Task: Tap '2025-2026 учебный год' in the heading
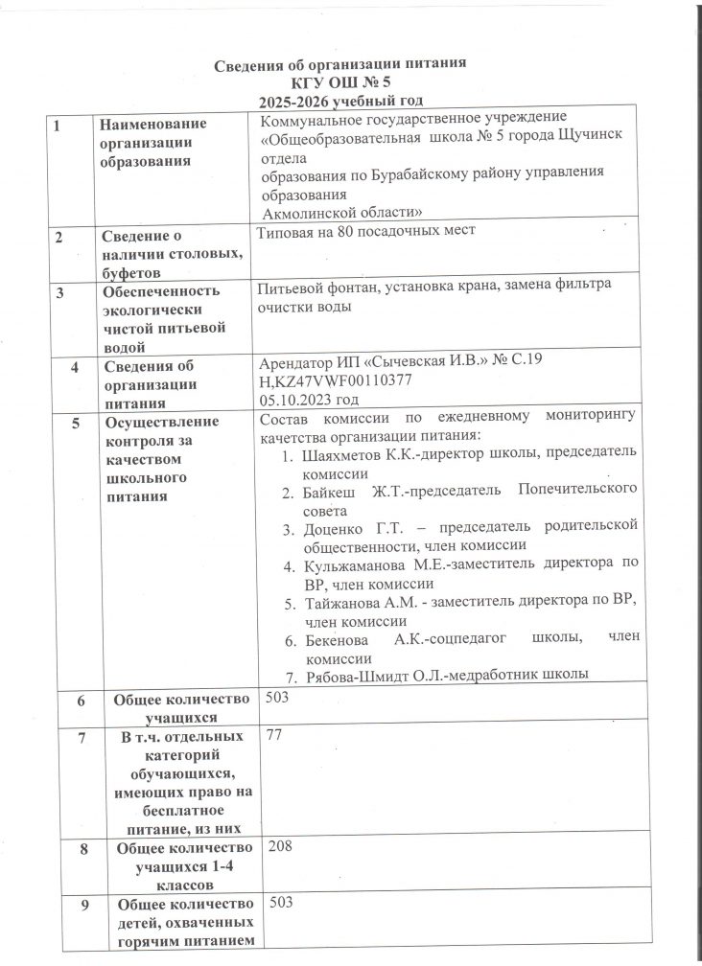(340, 100)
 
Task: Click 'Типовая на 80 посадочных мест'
(368, 231)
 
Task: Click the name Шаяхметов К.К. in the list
(353, 457)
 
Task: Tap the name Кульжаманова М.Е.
(368, 564)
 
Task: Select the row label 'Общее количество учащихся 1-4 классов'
(182, 865)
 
